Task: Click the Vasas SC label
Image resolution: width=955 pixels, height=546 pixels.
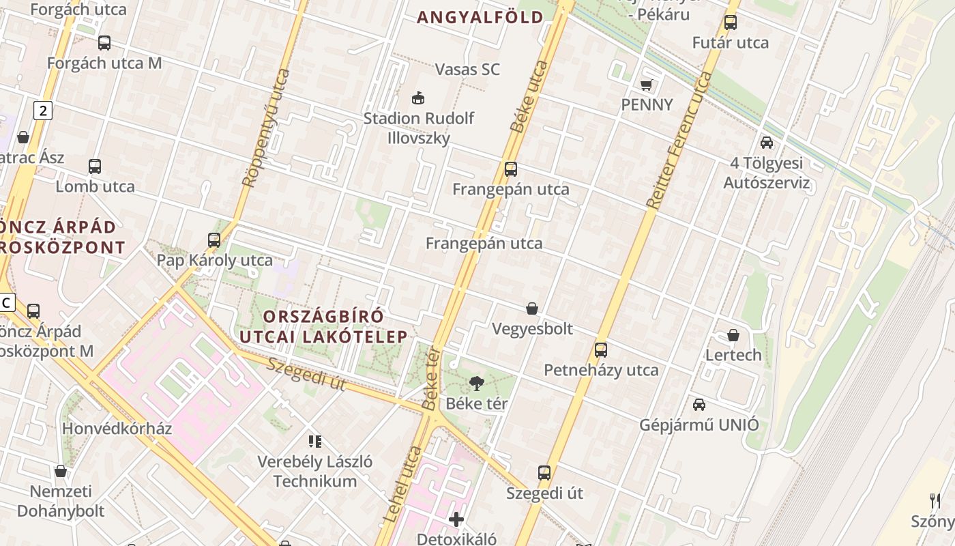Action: pyautogui.click(x=467, y=69)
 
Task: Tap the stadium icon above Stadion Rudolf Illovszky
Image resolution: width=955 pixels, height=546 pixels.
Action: pyautogui.click(x=418, y=98)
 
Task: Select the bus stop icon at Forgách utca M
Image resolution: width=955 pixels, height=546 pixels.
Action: pyautogui.click(x=104, y=43)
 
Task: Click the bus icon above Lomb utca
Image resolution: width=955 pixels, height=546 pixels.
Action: pyautogui.click(x=95, y=167)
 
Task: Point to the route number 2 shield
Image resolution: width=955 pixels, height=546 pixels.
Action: pyautogui.click(x=43, y=111)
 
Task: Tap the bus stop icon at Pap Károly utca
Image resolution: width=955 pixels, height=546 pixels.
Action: pyautogui.click(x=214, y=240)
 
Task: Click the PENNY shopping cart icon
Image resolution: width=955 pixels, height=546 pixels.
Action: pyautogui.click(x=646, y=85)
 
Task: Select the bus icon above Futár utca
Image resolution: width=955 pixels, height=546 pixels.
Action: pyautogui.click(x=731, y=23)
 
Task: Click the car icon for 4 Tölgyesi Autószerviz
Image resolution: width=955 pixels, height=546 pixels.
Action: pyautogui.click(x=767, y=143)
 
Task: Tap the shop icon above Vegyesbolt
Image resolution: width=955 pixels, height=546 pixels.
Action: pyautogui.click(x=532, y=309)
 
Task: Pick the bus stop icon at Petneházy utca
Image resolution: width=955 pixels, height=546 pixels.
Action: pyautogui.click(x=601, y=350)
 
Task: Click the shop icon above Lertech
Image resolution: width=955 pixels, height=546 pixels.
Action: pyautogui.click(x=733, y=335)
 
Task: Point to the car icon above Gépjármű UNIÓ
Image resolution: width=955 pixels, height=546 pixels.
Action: pyautogui.click(x=699, y=405)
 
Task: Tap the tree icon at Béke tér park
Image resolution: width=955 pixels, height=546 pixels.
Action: pyautogui.click(x=477, y=384)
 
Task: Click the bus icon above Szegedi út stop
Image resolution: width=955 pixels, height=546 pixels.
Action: pyautogui.click(x=544, y=473)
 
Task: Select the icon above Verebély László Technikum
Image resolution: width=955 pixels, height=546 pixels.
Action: pyautogui.click(x=315, y=442)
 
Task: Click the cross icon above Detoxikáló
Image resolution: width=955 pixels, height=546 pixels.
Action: pyautogui.click(x=456, y=519)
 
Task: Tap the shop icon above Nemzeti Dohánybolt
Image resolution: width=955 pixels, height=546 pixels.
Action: pyautogui.click(x=61, y=471)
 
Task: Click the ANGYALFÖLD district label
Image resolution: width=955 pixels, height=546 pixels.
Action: pyautogui.click(x=480, y=18)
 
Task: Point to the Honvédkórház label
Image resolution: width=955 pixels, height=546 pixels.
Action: pyautogui.click(x=117, y=429)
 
